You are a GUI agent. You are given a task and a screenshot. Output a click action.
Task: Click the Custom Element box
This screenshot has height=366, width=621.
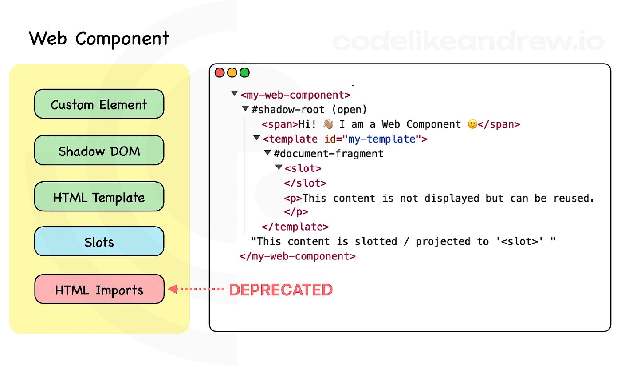pyautogui.click(x=99, y=104)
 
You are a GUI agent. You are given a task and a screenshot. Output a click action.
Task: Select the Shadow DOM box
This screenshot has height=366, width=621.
pyautogui.click(x=99, y=150)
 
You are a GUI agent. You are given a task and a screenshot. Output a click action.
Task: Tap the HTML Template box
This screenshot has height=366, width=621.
pyautogui.click(x=99, y=197)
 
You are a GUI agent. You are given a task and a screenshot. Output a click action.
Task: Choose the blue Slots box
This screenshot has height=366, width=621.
pyautogui.click(x=99, y=241)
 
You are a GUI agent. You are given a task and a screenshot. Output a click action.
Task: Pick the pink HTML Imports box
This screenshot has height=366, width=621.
pyautogui.click(x=99, y=289)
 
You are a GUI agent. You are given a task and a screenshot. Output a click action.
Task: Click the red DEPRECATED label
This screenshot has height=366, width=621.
pyautogui.click(x=280, y=290)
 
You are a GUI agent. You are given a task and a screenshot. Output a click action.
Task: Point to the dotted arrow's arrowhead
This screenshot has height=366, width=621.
pyautogui.click(x=173, y=289)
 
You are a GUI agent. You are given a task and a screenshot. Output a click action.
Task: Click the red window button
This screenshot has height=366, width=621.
pyautogui.click(x=220, y=72)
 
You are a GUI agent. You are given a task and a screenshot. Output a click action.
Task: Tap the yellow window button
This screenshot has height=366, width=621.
pyautogui.click(x=232, y=72)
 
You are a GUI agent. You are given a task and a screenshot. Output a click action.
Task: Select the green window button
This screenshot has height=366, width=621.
pyautogui.click(x=244, y=72)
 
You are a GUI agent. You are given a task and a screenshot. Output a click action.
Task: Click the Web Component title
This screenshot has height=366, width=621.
pyautogui.click(x=99, y=39)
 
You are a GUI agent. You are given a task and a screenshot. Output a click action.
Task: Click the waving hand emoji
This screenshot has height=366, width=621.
pyautogui.click(x=328, y=124)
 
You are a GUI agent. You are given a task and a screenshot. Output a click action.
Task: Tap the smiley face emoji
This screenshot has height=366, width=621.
pyautogui.click(x=472, y=124)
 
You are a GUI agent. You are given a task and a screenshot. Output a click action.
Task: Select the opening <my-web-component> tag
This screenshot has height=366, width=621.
pyautogui.click(x=295, y=95)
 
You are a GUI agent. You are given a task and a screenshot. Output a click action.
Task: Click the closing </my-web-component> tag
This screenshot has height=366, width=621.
pyautogui.click(x=298, y=256)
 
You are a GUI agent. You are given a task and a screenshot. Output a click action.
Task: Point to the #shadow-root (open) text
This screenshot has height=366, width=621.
pyautogui.click(x=309, y=110)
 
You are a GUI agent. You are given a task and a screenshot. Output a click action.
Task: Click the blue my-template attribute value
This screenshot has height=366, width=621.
pyautogui.click(x=382, y=139)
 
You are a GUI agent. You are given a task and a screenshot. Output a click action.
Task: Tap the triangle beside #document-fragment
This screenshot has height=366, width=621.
pyautogui.click(x=267, y=152)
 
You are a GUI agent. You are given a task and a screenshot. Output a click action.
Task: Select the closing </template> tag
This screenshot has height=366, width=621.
pyautogui.click(x=295, y=227)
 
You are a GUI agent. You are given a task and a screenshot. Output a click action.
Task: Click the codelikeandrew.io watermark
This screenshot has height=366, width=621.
pyautogui.click(x=468, y=41)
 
